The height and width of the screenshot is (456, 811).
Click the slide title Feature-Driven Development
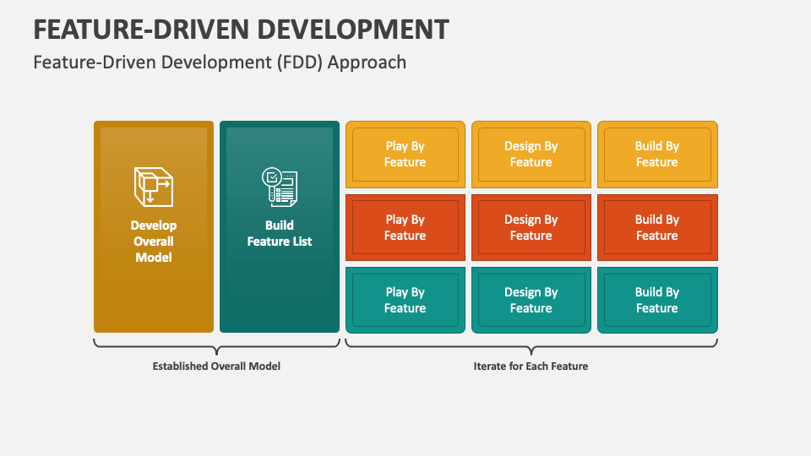click(241, 29)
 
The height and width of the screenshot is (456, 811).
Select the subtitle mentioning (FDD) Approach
click(220, 62)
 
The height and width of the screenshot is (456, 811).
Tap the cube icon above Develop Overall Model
click(153, 186)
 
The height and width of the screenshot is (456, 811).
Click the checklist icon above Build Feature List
click(279, 187)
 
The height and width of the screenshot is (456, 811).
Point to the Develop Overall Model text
click(154, 242)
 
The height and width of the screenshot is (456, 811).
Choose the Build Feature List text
click(279, 233)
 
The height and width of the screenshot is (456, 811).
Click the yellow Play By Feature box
click(405, 155)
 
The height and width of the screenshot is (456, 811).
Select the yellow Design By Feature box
click(531, 155)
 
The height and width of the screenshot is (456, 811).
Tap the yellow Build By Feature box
click(656, 155)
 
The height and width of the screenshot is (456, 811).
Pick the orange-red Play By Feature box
click(405, 228)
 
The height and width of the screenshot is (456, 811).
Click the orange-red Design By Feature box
click(531, 228)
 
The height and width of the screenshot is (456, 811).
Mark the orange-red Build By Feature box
click(656, 228)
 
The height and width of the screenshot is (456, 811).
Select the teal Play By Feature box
click(405, 301)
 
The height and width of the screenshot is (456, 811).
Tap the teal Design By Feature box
click(531, 301)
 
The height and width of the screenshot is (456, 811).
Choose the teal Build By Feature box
click(656, 301)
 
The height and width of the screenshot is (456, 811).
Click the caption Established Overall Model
click(216, 366)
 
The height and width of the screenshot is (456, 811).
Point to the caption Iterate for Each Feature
click(531, 366)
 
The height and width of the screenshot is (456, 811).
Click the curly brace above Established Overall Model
click(216, 346)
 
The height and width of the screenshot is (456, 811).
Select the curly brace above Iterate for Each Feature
click(531, 346)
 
